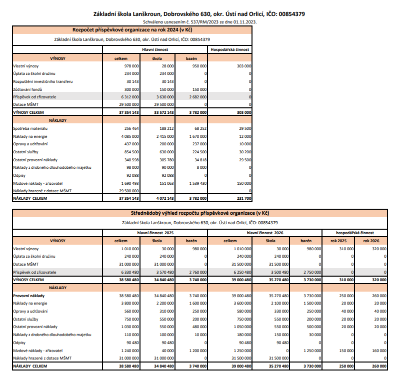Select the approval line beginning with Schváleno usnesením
point(199,22)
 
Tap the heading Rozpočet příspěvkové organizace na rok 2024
point(132,30)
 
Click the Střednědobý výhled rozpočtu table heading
point(199,213)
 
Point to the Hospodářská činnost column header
point(230,49)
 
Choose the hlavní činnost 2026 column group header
point(265,232)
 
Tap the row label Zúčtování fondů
point(27,89)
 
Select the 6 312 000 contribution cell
point(129,97)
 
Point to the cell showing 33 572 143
point(163,113)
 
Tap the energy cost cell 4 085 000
point(129,136)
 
